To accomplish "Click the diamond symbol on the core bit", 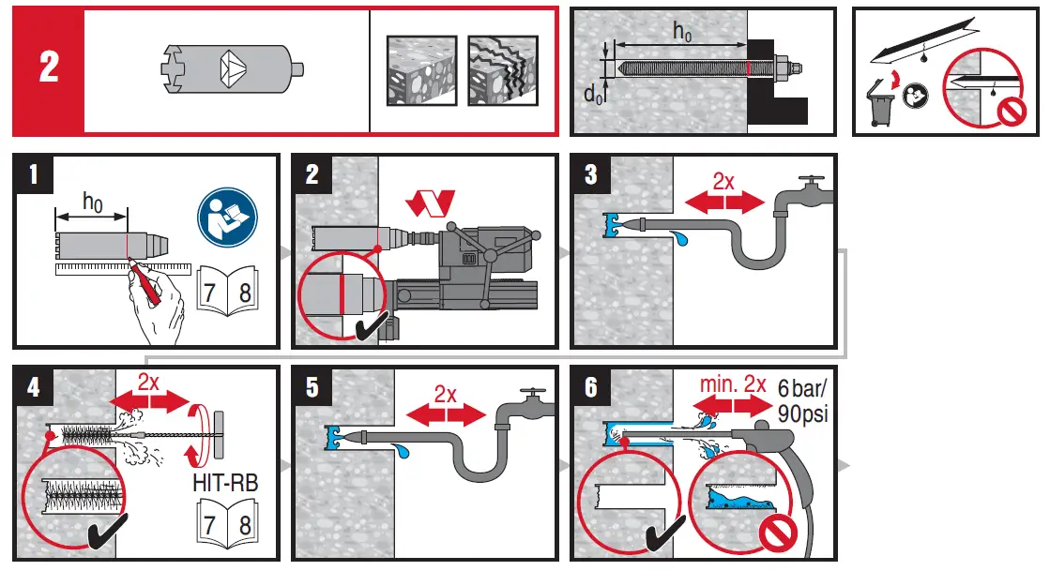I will tap(230, 69).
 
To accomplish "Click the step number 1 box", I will tap(34, 175).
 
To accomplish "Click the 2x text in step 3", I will tap(723, 181).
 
